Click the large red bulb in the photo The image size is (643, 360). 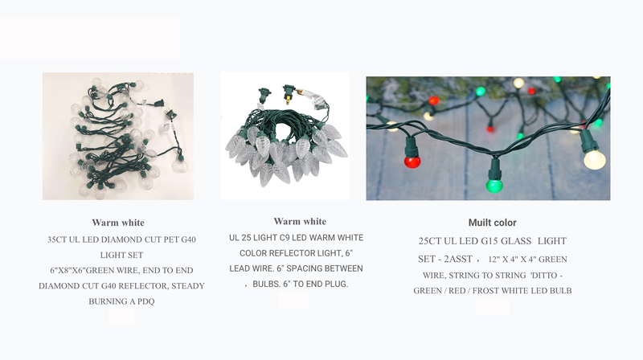point(412,162)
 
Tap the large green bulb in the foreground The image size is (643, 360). point(494,186)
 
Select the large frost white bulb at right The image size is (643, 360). point(595,159)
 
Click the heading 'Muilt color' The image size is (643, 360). point(492,223)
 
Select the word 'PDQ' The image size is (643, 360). point(146,301)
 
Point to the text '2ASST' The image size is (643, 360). point(458,259)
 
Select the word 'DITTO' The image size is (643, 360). point(544,276)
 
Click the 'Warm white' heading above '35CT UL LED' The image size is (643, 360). point(118,223)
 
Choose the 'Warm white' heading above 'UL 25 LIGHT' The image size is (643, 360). point(300,222)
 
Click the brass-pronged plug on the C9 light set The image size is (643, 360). point(289,94)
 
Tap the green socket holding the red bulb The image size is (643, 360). point(412,147)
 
